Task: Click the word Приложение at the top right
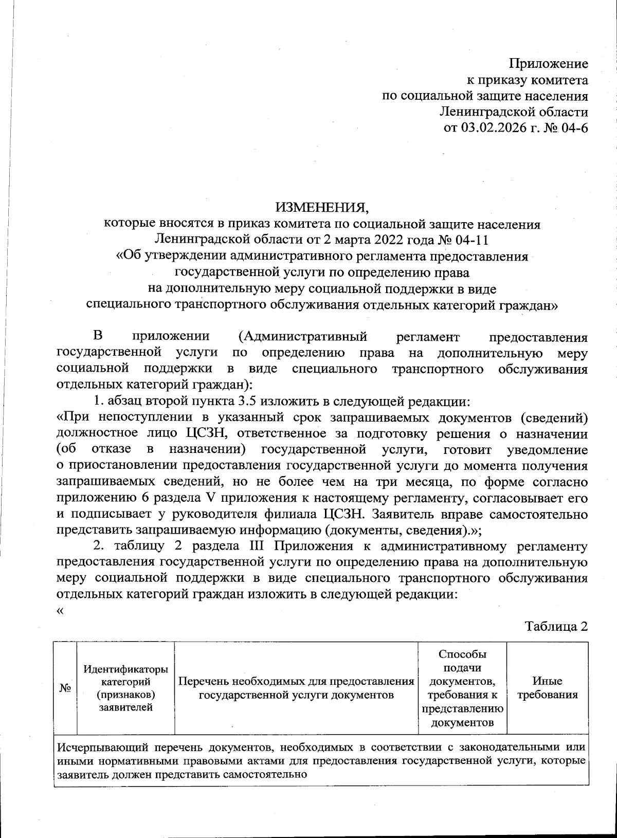(x=548, y=64)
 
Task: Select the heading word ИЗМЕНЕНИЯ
(x=322, y=208)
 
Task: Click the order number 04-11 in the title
(x=470, y=240)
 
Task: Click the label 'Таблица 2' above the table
(x=556, y=626)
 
